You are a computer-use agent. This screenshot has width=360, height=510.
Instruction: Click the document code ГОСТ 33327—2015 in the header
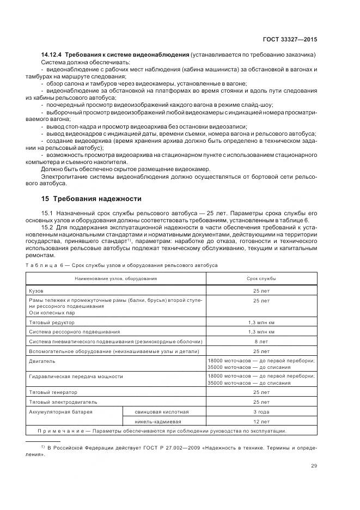point(290,39)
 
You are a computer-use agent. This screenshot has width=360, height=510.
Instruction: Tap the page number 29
point(314,465)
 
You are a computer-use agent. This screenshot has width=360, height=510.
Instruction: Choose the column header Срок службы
point(261,278)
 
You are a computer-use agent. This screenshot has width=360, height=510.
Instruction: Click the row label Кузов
point(36,292)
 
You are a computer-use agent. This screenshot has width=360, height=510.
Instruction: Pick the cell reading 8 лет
point(261,341)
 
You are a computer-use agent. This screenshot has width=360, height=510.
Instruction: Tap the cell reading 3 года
point(261,411)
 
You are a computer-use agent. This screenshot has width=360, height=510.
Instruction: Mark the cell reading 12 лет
point(261,421)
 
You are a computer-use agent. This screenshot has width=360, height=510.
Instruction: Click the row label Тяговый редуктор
point(51,323)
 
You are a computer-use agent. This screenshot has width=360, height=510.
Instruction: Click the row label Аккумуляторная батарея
point(60,411)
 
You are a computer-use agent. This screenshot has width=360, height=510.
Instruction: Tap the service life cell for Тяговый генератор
point(261,392)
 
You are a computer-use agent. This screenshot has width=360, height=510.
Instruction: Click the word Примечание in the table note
point(61,431)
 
